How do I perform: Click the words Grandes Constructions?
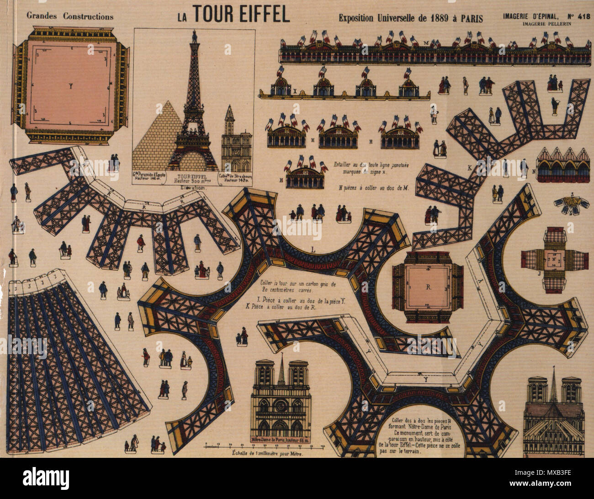(x=70, y=16)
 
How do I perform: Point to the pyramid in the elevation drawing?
(x=151, y=137)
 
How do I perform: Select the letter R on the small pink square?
(x=428, y=287)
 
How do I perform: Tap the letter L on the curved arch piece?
(x=313, y=249)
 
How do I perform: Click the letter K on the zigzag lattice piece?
(x=470, y=168)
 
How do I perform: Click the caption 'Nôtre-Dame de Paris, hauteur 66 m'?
(x=281, y=440)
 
